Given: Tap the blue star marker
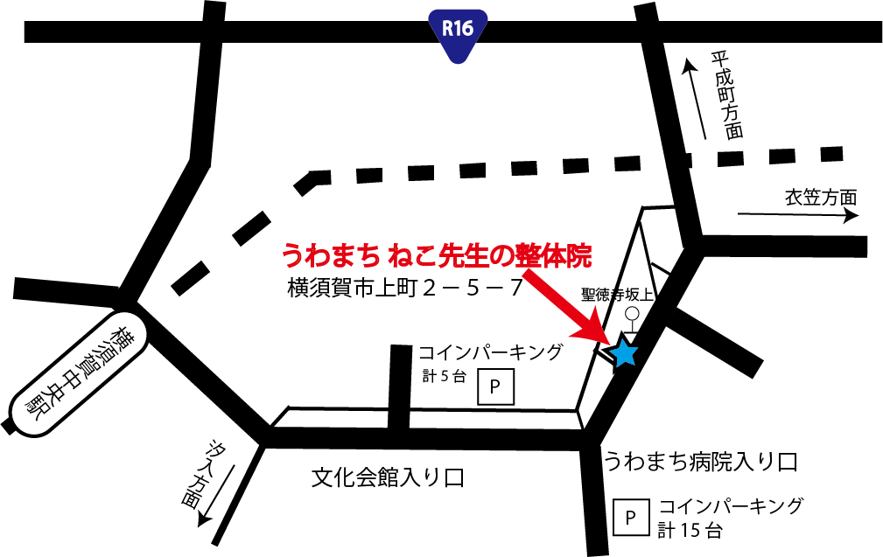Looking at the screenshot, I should [623, 352].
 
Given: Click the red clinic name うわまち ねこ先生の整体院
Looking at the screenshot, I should [436, 255].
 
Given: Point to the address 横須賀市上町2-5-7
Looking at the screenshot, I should [405, 288].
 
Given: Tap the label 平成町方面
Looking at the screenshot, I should [726, 95].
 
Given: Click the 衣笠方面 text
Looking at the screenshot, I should [820, 197].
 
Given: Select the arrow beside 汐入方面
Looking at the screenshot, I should [220, 493].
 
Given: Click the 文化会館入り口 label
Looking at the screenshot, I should [388, 477].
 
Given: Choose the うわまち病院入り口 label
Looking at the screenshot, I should [700, 461].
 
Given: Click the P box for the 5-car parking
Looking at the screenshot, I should [495, 386].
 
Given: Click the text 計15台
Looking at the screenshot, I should [691, 529].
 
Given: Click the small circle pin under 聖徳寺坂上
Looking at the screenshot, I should [632, 314].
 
